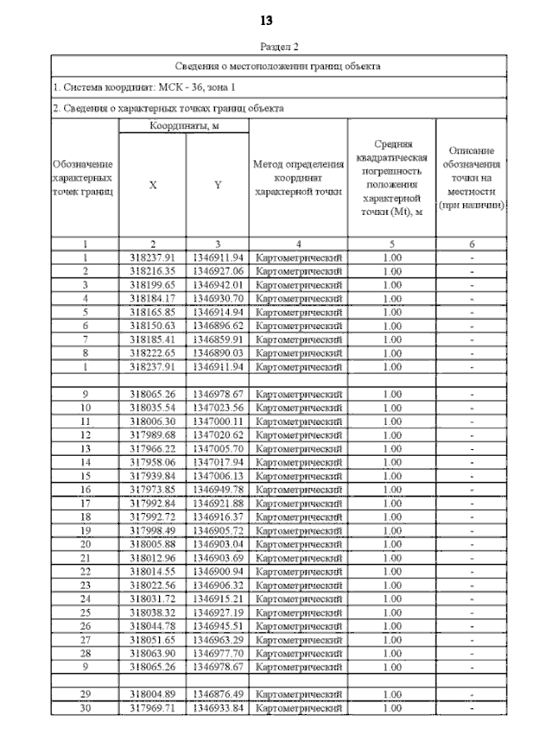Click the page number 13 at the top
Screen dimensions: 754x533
[266, 19]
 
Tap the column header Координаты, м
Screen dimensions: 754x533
[183, 126]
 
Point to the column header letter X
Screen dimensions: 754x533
[152, 185]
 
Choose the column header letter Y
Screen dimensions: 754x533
[217, 185]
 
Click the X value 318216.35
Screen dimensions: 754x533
[152, 271]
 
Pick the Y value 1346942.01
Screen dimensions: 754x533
[217, 284]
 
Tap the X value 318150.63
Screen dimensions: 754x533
[152, 323]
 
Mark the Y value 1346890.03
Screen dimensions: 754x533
[217, 350]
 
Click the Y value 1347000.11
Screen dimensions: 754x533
[217, 422]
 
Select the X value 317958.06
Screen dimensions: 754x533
[152, 461]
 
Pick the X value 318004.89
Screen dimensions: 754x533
[152, 693]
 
